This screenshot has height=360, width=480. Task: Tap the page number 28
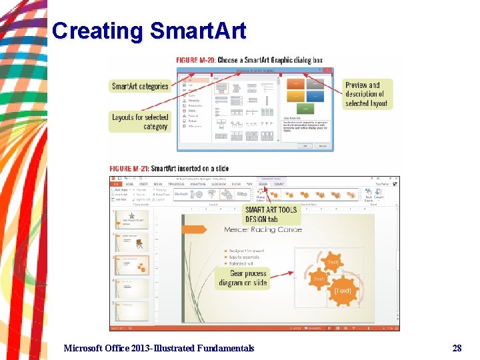coord(457,347)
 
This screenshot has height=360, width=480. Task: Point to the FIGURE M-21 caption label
coord(129,169)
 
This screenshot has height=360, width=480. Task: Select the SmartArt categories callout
coord(140,86)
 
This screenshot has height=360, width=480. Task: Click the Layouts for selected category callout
coord(140,121)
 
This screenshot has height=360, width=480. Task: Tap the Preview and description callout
coord(367,94)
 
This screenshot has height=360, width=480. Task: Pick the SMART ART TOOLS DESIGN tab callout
coord(271,214)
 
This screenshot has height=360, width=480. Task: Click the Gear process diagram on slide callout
coord(243,278)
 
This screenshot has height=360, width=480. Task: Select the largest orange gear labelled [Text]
coord(343,291)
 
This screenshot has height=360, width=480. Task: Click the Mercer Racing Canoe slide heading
coord(263,230)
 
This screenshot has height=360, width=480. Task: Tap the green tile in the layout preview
coord(305,108)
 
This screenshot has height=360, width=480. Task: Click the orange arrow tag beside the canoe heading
coord(195,229)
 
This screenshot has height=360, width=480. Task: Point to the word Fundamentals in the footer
coord(224,347)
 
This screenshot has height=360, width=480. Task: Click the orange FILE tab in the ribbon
coord(115,184)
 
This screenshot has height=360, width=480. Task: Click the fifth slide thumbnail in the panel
coord(133,312)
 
